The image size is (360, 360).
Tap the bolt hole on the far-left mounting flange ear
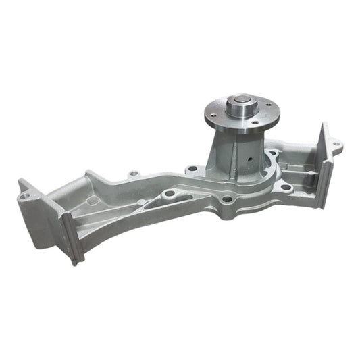coord(25,196)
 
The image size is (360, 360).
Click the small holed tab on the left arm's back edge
coord(133,174)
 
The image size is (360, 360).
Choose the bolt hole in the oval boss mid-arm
coord(168,195)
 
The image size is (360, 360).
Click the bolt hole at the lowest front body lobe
coord(228,200)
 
